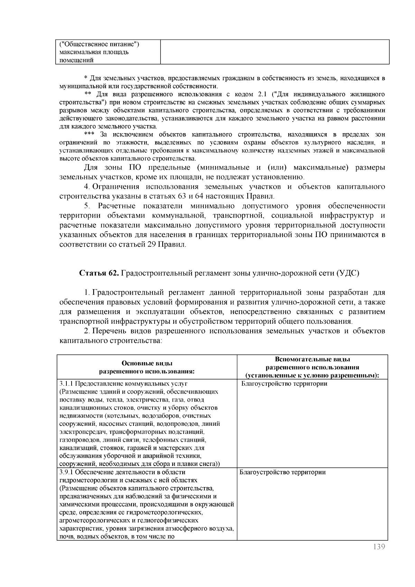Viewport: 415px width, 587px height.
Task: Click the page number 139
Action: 379,547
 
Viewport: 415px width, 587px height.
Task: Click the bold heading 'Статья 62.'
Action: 100,273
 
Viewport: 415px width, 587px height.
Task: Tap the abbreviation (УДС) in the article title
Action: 348,273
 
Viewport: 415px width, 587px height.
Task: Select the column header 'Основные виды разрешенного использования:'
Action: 147,367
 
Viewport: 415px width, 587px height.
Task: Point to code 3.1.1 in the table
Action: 66,384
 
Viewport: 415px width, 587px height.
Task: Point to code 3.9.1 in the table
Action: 66,472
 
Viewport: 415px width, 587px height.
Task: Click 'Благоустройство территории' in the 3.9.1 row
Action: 283,472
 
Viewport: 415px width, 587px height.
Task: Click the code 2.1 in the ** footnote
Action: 262,94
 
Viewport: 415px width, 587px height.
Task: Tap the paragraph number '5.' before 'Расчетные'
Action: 87,206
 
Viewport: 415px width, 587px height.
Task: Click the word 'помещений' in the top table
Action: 76,61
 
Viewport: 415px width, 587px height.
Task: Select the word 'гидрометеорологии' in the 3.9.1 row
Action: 86,480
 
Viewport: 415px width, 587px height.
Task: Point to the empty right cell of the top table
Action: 275,52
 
